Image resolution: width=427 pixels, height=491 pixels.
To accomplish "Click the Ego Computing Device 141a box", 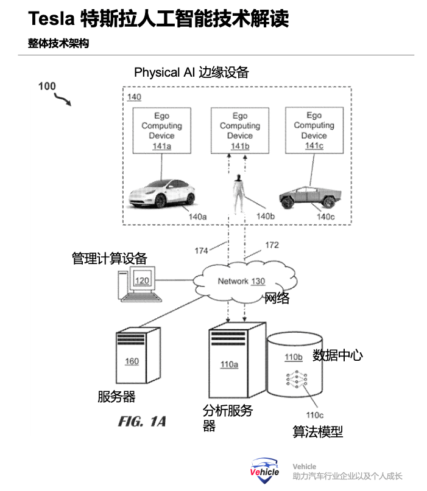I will click(161, 130).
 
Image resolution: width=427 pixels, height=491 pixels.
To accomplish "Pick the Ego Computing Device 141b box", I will click(239, 130).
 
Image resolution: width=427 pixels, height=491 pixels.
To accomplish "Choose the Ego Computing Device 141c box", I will click(314, 130).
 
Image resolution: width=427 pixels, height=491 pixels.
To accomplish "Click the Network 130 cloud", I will click(242, 281).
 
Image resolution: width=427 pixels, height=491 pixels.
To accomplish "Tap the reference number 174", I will click(201, 250).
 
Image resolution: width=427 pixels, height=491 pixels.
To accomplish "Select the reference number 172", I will click(272, 245).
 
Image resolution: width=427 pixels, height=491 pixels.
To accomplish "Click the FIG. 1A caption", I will click(142, 421).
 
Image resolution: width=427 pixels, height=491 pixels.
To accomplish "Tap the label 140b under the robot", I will click(266, 216).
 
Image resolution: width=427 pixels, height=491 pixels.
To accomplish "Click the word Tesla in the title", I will click(51, 19).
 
